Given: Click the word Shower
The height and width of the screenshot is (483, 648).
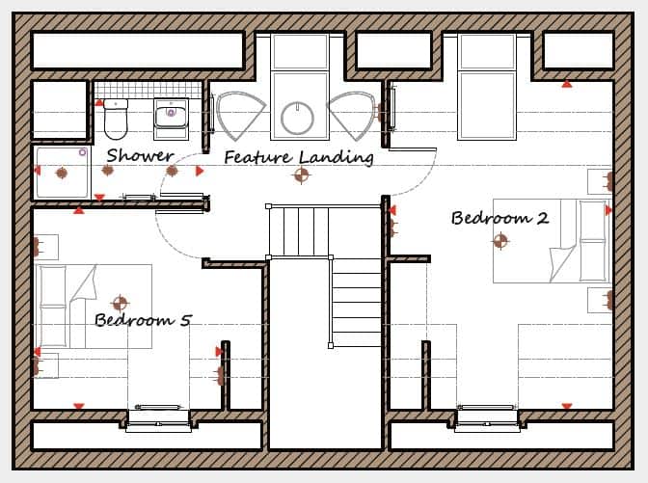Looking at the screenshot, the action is [x=140, y=155].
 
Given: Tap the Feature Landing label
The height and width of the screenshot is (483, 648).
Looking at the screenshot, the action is [x=299, y=157].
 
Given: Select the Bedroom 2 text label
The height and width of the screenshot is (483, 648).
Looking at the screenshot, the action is [x=500, y=218].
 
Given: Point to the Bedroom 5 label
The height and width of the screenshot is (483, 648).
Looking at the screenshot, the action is [x=143, y=320].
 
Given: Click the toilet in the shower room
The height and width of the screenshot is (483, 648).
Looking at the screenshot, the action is [x=116, y=119].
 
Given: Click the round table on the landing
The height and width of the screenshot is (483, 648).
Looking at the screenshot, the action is [x=298, y=118].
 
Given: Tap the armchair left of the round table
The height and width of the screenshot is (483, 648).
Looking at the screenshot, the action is [x=239, y=116].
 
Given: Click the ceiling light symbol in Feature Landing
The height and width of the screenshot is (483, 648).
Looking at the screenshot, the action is [x=301, y=174].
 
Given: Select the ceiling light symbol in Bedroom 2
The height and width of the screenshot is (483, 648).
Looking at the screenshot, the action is [x=500, y=241].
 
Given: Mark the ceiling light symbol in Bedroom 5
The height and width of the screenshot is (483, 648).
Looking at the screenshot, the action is [x=120, y=304].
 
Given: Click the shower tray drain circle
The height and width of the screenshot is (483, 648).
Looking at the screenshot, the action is [x=83, y=152].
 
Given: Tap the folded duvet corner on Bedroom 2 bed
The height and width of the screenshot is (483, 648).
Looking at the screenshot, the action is [x=562, y=263].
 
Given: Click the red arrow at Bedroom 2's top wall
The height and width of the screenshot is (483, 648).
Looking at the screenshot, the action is [x=567, y=84].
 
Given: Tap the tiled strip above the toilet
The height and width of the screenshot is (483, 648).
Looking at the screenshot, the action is [x=148, y=90].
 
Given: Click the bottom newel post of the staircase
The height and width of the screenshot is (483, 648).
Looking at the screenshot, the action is [x=331, y=345].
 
